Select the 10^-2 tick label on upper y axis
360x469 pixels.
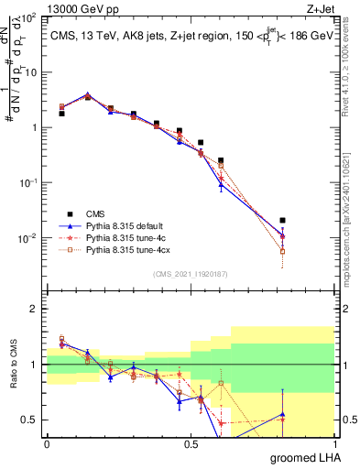pos(28,239)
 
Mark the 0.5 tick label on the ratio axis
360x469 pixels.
pos(29,420)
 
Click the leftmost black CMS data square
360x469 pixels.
pos(61,114)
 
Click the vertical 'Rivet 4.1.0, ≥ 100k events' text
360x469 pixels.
pos(352,69)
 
